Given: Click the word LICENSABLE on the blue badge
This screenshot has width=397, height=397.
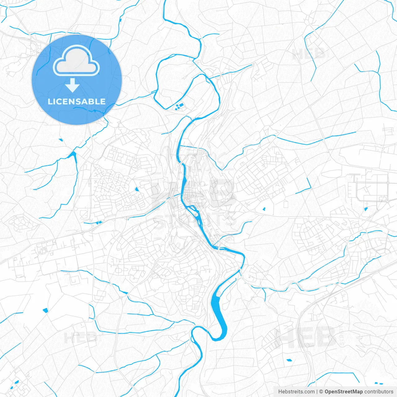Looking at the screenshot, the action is click(77, 101).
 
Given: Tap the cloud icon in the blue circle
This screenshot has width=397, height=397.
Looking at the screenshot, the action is click(76, 61).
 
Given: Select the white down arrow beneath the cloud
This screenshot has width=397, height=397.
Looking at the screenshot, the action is click(73, 85).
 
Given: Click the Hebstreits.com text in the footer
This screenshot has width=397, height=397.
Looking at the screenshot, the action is click(296, 392).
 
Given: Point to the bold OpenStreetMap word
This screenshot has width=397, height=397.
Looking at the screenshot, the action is click(343, 392).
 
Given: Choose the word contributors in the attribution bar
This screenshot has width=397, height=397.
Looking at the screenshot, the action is click(379, 392).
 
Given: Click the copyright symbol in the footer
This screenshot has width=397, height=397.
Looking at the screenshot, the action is click(321, 392).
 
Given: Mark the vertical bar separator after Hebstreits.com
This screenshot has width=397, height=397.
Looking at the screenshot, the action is click(317, 392).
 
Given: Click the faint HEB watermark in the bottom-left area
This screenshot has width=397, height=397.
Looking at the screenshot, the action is click(80, 337).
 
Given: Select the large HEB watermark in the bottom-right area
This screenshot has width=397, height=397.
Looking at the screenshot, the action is click(306, 337).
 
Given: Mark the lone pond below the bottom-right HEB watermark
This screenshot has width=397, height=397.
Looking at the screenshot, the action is click(289, 360).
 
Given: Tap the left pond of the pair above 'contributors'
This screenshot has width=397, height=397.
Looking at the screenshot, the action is click(376, 383).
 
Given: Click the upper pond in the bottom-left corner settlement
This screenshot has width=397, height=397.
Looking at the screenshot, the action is click(17, 382).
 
